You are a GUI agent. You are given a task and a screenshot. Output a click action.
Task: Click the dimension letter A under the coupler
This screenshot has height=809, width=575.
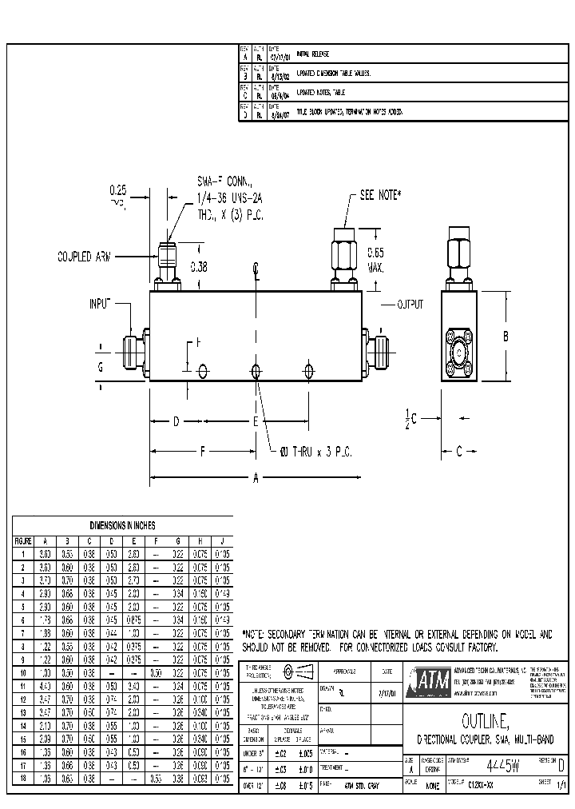tap(256, 480)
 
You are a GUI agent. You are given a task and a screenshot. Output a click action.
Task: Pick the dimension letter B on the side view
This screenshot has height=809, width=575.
tap(506, 337)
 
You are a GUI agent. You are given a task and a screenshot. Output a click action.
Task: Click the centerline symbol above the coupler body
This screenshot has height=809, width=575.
tap(256, 268)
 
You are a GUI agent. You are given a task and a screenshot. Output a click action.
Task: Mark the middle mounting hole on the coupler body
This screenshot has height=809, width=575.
tap(256, 371)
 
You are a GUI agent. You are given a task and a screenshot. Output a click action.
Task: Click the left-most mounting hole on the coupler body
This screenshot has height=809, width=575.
tap(203, 371)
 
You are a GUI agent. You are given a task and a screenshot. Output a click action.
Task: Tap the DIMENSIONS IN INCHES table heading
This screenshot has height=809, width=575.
tap(122, 525)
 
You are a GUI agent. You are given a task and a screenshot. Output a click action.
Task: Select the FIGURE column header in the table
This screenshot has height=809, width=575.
tap(22, 540)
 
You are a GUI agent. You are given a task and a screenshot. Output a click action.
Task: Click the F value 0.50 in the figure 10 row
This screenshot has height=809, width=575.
tap(157, 673)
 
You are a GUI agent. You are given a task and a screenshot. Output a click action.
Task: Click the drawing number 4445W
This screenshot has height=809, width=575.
tap(503, 765)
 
